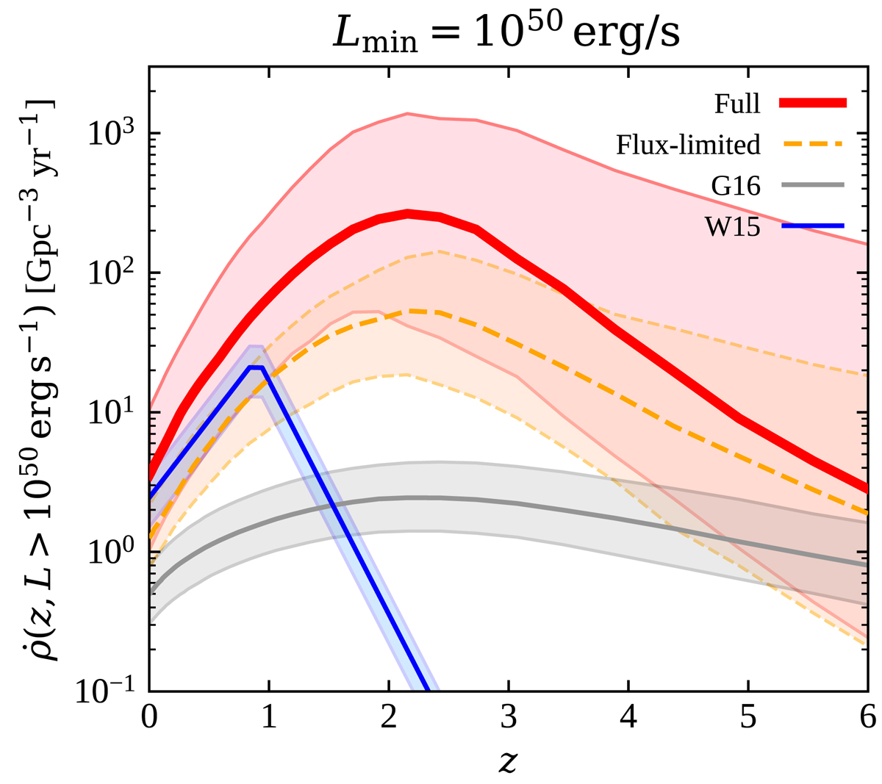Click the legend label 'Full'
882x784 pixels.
737,104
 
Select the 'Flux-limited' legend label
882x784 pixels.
688,145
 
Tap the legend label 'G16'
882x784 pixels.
736,186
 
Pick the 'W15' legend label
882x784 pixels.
733,227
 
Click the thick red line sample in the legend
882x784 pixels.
813,104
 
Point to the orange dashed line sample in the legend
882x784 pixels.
813,145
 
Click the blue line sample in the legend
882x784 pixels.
813,227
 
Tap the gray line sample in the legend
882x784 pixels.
813,186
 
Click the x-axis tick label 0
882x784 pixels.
149,717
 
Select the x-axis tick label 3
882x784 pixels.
509,717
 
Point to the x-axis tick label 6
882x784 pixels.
868,717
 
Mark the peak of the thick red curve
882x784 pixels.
408,213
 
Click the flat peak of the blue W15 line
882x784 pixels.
256,367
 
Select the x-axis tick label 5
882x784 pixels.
748,717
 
